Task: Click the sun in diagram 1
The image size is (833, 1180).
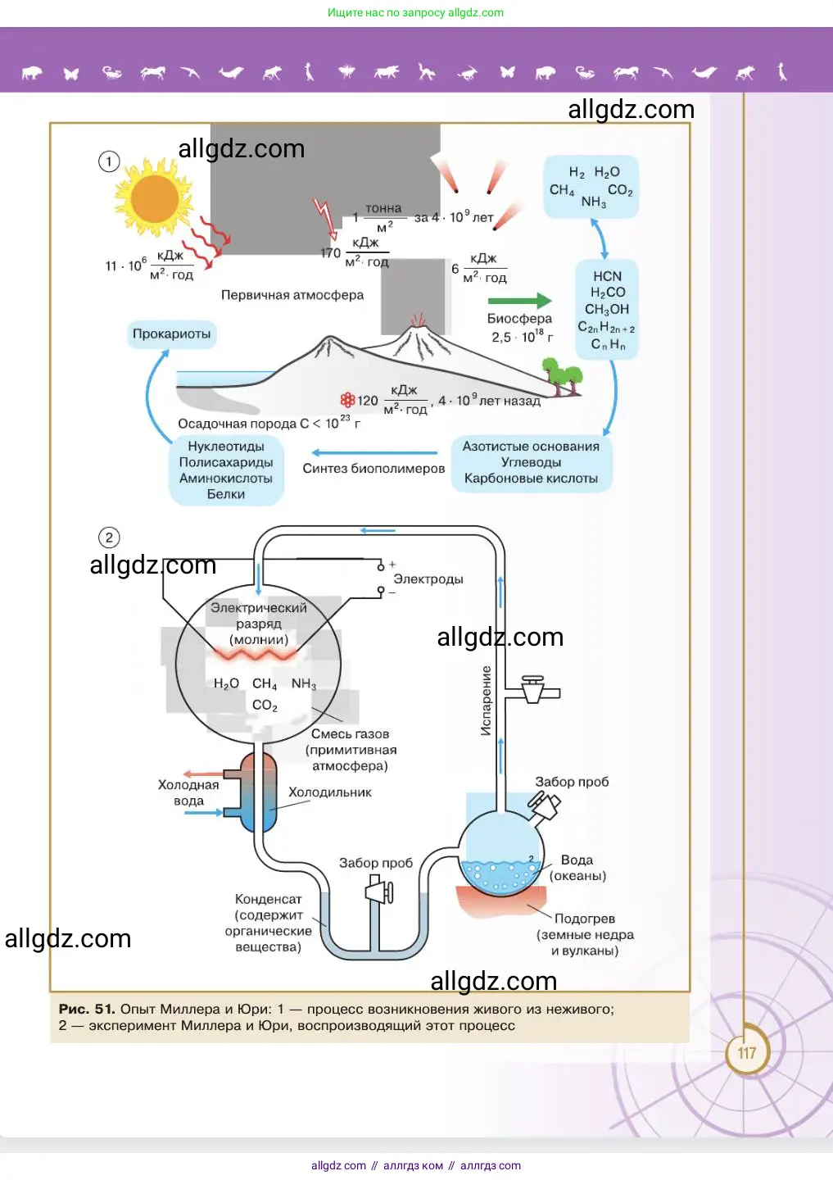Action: (155, 198)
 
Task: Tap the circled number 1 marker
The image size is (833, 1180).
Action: (109, 161)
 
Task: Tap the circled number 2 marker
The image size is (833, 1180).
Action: (109, 538)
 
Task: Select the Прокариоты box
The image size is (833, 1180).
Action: (172, 334)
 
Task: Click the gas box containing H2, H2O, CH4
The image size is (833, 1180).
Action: (591, 187)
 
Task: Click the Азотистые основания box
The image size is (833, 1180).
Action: (531, 463)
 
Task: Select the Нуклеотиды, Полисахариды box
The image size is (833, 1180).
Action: (226, 470)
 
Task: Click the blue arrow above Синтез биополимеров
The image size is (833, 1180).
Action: (374, 452)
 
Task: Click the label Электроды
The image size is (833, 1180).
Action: (428, 579)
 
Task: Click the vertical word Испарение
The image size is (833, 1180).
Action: (487, 701)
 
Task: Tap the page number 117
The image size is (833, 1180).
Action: (746, 1053)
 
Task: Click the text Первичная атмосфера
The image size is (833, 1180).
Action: (292, 295)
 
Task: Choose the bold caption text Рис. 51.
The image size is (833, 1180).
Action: (86, 1010)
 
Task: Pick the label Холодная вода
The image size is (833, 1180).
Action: (188, 792)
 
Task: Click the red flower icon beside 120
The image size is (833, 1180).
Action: (347, 400)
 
